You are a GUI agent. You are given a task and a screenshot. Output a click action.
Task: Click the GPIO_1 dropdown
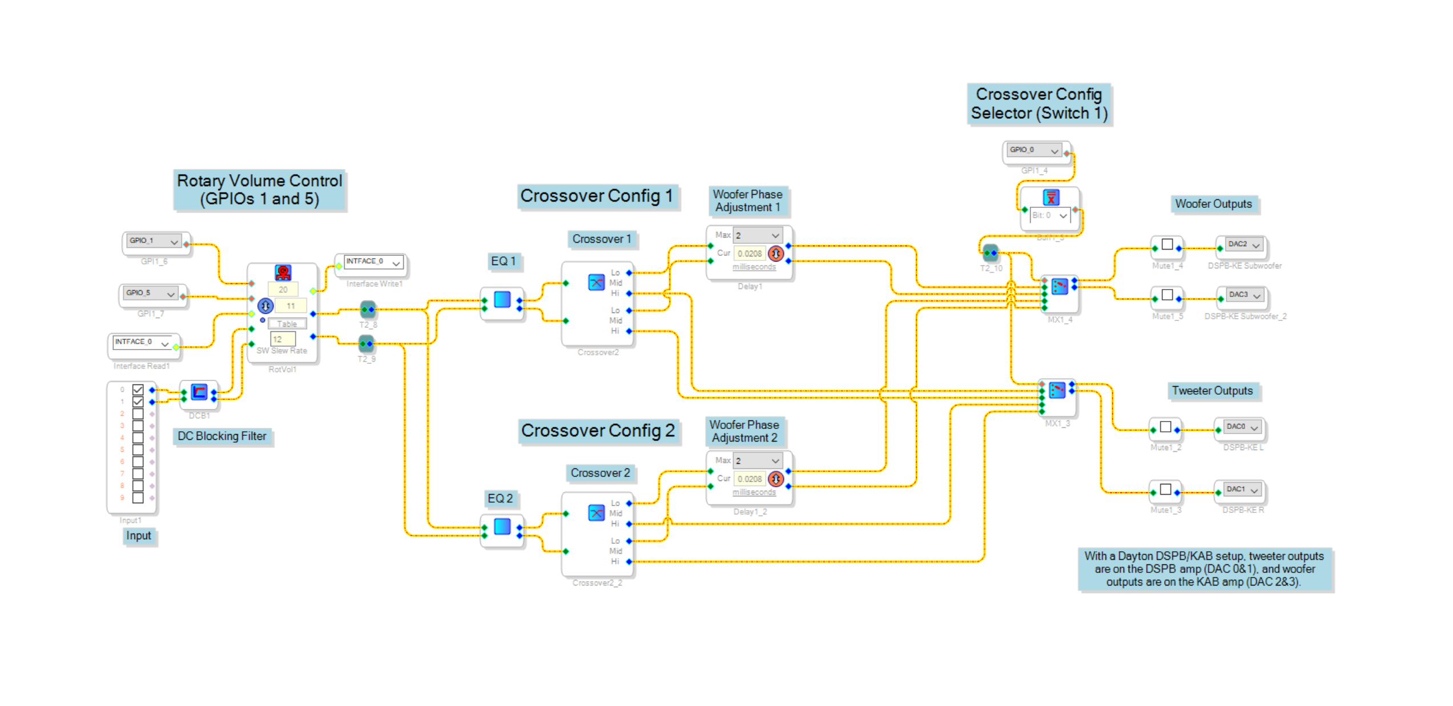click(153, 241)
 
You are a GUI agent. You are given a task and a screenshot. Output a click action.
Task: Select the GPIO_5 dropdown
click(150, 293)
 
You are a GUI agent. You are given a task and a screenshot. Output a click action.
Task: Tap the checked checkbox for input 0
click(138, 390)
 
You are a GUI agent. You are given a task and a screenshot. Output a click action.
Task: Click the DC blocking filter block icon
click(199, 392)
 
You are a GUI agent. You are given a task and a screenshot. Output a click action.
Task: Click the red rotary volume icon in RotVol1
click(283, 272)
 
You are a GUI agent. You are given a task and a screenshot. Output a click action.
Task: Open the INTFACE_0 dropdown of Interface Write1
click(373, 262)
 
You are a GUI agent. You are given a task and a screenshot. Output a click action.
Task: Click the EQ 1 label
click(503, 261)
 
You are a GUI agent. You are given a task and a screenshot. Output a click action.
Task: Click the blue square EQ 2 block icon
click(502, 526)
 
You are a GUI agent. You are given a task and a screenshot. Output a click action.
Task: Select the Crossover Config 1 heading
click(597, 196)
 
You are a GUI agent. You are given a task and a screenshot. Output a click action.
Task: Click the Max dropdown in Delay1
click(757, 235)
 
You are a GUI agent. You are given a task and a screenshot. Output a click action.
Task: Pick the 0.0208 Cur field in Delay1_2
click(749, 479)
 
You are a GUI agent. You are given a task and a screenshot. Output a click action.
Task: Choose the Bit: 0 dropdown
click(1049, 215)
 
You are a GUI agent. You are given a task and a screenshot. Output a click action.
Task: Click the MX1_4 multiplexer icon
click(1059, 286)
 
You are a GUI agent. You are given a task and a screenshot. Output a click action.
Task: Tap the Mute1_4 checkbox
click(1167, 244)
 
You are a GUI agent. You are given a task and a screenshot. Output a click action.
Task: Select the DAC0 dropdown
click(1242, 427)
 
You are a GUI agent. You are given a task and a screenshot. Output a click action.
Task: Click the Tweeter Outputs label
click(1211, 391)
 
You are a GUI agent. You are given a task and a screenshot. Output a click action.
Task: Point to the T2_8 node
click(368, 310)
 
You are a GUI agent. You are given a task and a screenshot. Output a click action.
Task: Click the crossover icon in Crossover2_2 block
click(595, 512)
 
